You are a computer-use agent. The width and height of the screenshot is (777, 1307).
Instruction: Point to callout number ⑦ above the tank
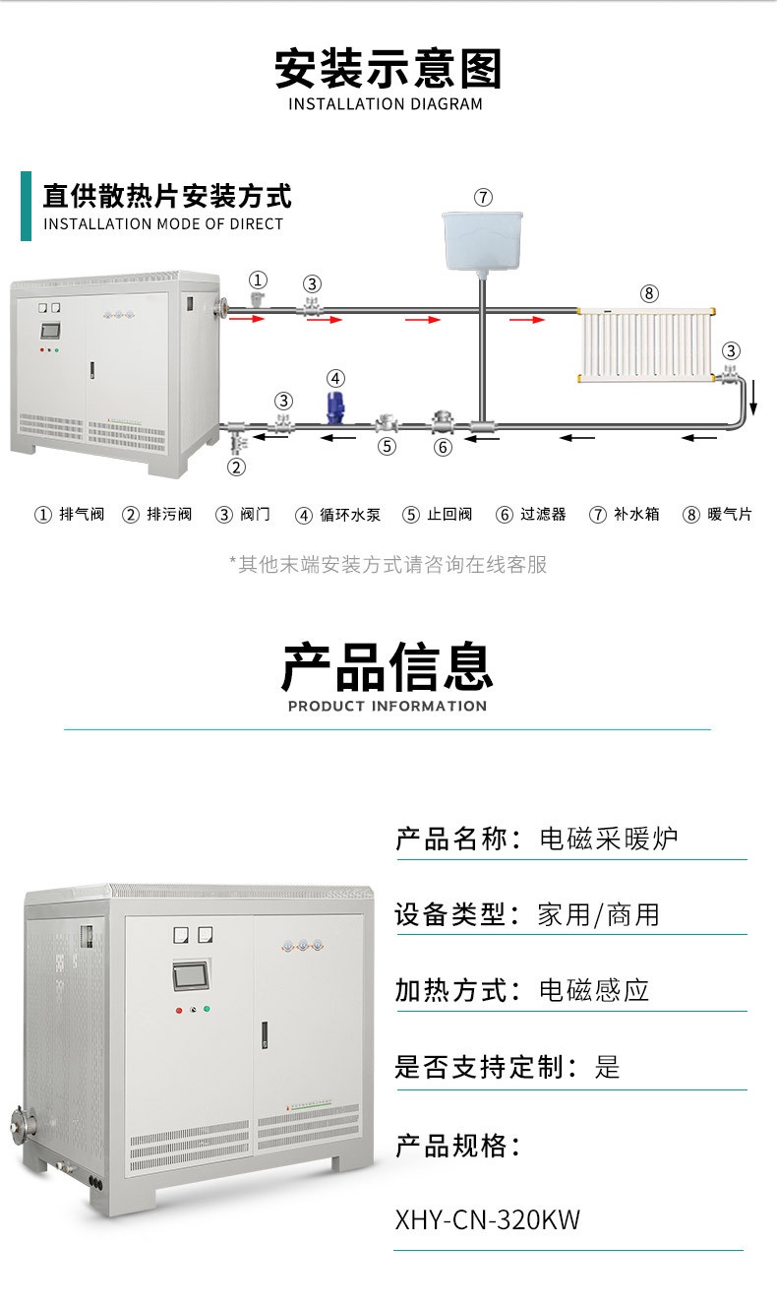pos(483,197)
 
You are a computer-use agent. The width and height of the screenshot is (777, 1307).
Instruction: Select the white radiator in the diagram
pos(645,344)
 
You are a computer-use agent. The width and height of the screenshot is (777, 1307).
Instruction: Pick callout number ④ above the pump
pos(335,378)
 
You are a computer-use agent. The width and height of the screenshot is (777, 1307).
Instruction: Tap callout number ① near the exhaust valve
pos(259,280)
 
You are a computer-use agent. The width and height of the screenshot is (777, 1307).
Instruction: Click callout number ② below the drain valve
pos(236,467)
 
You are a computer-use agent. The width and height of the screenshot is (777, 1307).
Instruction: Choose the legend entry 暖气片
pos(718,515)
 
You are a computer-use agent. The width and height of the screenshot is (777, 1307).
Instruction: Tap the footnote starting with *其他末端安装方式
pos(388,564)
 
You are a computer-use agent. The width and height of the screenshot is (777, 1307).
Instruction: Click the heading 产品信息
pos(388,666)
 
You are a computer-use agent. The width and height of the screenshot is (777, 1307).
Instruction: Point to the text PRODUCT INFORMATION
pos(388,706)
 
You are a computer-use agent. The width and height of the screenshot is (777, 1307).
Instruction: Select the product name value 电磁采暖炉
pos(609,839)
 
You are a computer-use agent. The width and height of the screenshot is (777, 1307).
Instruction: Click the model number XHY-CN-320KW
pos(488,1220)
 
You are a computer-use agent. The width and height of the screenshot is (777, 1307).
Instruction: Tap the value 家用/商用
pos(598,914)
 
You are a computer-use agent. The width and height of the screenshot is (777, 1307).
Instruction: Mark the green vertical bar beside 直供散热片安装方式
pos(26,206)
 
